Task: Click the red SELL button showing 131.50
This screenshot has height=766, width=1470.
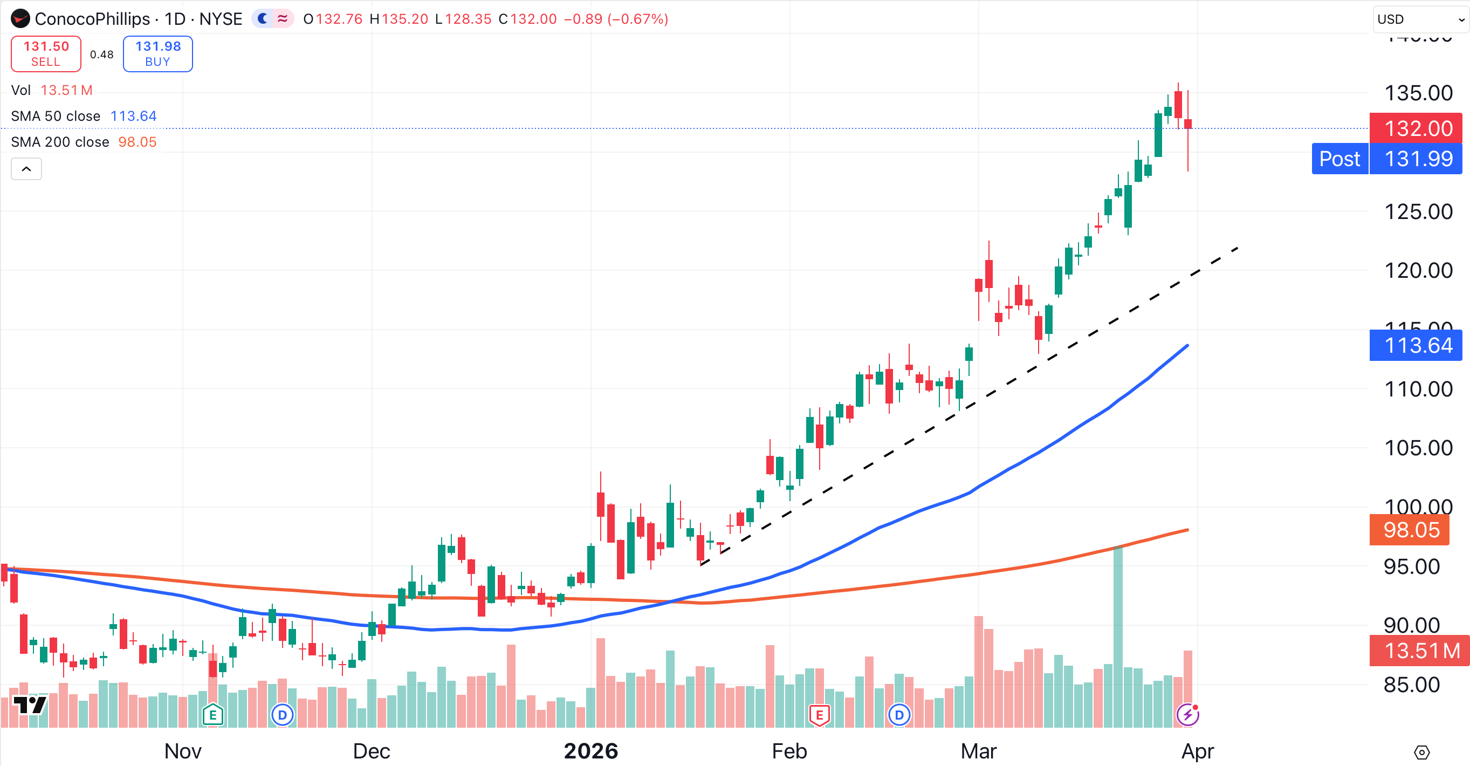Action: pos(46,53)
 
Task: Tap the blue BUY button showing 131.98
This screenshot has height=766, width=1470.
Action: pos(157,53)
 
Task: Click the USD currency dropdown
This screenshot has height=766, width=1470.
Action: pos(1419,19)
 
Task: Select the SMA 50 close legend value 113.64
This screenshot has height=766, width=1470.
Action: pos(133,116)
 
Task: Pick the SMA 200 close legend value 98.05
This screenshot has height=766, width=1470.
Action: pos(137,142)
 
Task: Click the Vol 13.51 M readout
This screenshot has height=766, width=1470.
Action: pos(52,90)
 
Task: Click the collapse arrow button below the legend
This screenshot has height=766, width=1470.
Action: pos(26,169)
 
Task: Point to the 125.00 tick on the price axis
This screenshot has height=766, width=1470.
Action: pos(1418,212)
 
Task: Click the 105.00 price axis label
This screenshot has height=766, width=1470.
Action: pos(1418,448)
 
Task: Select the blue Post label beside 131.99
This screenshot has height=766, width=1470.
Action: pos(1340,159)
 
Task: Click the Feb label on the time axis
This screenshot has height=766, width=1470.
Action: pos(789,751)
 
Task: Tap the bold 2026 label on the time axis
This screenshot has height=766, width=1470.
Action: pos(590,751)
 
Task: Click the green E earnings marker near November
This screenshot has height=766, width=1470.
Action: pos(213,715)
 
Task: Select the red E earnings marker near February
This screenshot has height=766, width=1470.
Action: pos(819,715)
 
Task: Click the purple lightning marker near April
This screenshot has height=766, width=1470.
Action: pos(1187,715)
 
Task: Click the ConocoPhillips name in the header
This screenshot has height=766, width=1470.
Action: pos(92,19)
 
